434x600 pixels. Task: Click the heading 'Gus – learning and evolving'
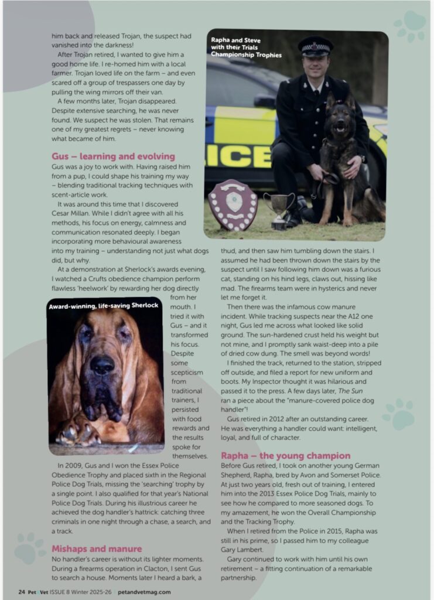pyautogui.click(x=113, y=156)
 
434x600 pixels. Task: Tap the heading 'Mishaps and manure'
pyautogui.click(x=97, y=548)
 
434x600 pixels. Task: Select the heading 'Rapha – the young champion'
pyautogui.click(x=286, y=455)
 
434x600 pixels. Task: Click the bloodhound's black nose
pyautogui.click(x=102, y=366)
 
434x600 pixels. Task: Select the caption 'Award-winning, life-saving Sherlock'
pyautogui.click(x=104, y=306)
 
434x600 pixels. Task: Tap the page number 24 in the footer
pyautogui.click(x=21, y=591)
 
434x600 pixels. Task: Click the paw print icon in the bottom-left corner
pyautogui.click(x=30, y=548)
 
